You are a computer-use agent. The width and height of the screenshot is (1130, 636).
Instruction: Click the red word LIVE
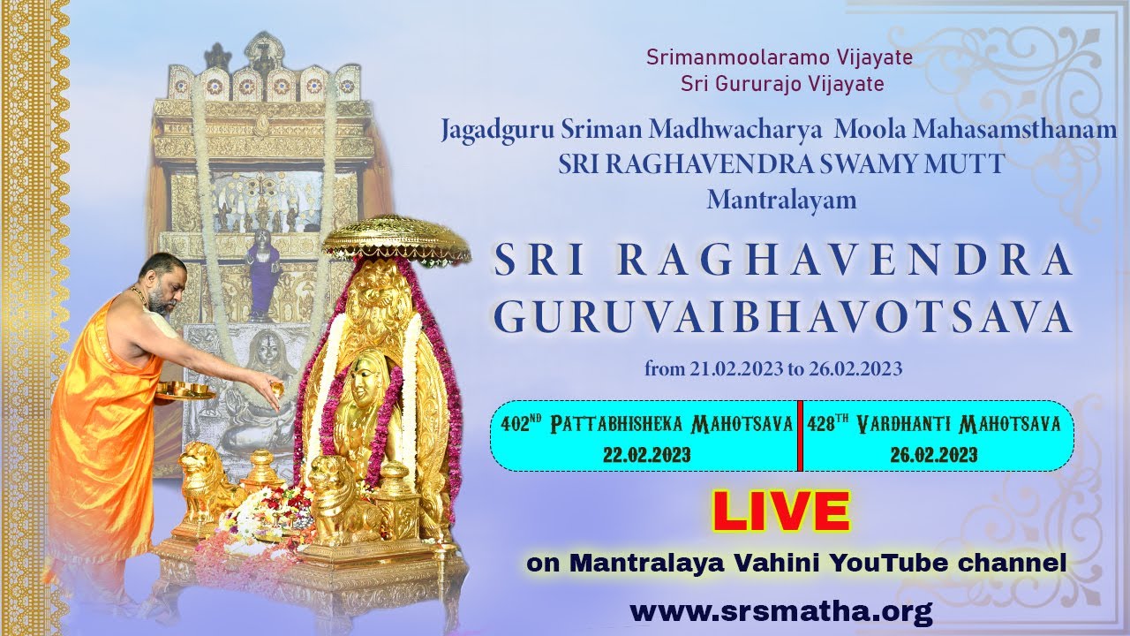click(781, 511)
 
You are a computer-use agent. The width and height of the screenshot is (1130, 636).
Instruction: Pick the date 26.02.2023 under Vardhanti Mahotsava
click(934, 454)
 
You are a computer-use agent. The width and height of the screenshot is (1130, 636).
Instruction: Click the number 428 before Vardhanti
click(822, 424)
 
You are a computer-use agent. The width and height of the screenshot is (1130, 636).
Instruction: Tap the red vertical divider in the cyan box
click(800, 435)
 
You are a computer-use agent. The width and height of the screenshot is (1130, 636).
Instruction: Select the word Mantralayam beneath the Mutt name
click(781, 200)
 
